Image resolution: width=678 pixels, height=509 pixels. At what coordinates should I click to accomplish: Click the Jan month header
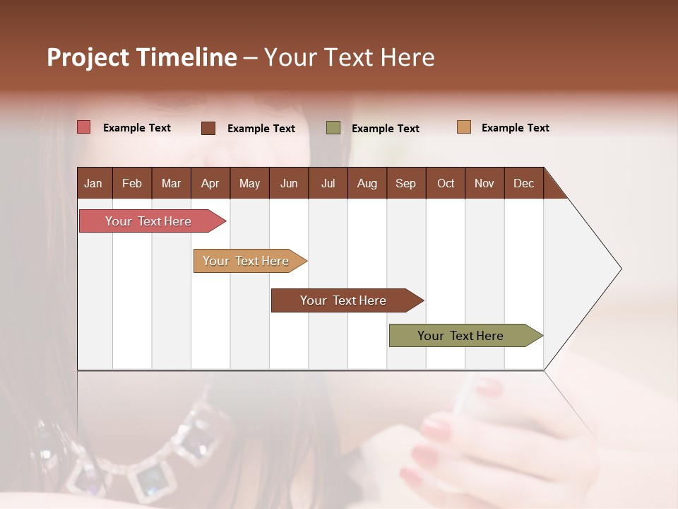click(x=94, y=183)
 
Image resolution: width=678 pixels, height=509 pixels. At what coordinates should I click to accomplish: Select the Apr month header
click(x=210, y=183)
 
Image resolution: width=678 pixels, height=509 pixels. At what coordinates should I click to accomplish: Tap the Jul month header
click(x=328, y=183)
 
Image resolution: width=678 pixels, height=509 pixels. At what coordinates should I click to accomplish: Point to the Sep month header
click(x=406, y=183)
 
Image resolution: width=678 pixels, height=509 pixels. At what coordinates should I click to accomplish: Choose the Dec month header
click(x=523, y=183)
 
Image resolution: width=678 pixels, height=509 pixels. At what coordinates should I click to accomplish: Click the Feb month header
click(x=132, y=183)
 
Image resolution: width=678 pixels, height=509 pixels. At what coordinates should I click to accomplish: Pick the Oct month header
click(x=446, y=183)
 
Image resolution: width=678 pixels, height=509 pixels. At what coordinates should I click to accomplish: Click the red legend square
click(x=84, y=127)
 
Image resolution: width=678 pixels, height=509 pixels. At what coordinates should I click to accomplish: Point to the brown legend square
click(x=208, y=128)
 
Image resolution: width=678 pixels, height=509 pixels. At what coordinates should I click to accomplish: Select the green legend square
click(x=333, y=128)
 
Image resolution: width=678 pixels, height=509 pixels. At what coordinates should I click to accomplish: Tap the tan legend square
click(x=464, y=127)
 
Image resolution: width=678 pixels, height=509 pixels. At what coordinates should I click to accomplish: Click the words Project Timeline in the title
click(x=142, y=57)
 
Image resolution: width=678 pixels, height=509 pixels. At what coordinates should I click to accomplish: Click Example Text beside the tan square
click(x=515, y=128)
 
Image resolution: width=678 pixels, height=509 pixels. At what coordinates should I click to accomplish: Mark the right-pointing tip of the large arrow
click(x=620, y=269)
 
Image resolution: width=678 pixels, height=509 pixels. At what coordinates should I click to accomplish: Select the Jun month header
click(x=289, y=183)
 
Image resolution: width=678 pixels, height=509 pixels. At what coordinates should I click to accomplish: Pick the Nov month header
click(x=484, y=183)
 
